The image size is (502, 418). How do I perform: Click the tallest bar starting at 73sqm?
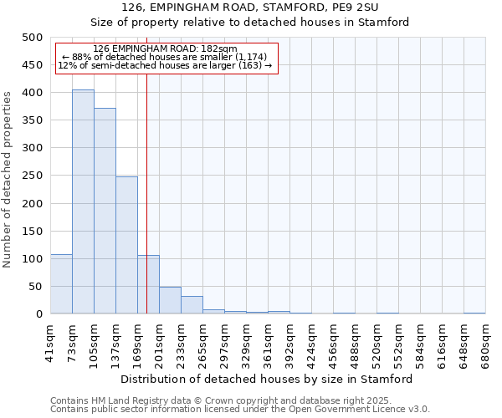(x=83, y=201)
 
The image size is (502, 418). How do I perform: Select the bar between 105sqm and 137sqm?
(x=105, y=211)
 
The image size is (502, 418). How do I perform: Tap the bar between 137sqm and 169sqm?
(x=126, y=245)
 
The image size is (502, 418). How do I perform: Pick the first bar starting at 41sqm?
(x=61, y=284)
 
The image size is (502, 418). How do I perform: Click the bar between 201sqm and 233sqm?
(x=170, y=300)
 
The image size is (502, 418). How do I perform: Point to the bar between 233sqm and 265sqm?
(x=192, y=305)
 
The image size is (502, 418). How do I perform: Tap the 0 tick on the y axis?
(x=38, y=314)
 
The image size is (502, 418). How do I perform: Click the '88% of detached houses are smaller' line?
(x=165, y=57)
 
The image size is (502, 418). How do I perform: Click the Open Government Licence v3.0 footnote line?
(x=240, y=410)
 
